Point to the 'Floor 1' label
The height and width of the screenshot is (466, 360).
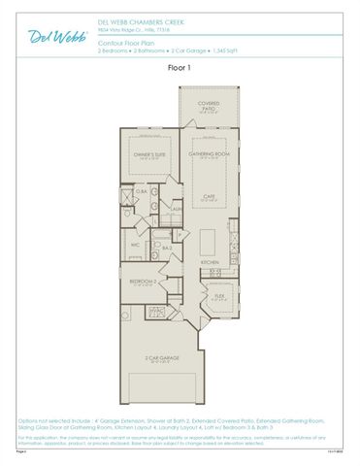pyautogui.click(x=180, y=68)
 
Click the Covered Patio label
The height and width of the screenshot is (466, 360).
pyautogui.click(x=208, y=105)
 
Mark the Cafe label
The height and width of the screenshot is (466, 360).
pyautogui.click(x=208, y=197)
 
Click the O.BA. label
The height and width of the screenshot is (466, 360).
pyautogui.click(x=142, y=191)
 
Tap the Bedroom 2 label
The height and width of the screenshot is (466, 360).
pyautogui.click(x=144, y=281)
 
